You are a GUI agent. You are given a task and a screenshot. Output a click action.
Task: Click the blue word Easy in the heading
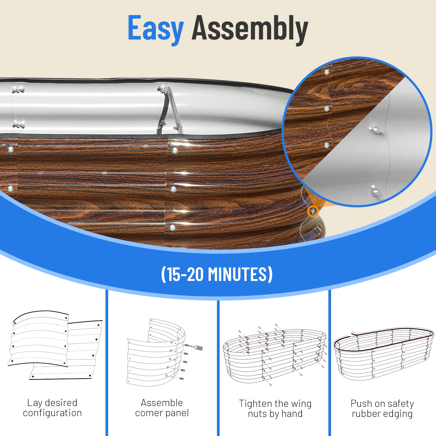coord(156,29)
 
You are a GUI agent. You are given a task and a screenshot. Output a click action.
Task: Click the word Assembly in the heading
coord(250,29)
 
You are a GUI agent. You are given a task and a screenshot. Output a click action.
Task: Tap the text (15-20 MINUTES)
coord(217,274)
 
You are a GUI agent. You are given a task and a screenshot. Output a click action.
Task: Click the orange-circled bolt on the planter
coord(313,211)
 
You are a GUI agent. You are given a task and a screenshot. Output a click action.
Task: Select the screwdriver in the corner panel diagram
coord(194,347)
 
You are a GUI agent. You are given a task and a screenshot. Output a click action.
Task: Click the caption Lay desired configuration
coord(52,408)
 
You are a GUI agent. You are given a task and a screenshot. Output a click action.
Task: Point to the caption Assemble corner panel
coord(162,408)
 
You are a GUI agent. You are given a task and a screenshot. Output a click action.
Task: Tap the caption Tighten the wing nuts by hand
coord(275,408)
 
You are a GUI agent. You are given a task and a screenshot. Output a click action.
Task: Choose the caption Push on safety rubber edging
coord(382,408)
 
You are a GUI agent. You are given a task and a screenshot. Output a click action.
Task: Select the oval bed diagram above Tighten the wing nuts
coord(275,354)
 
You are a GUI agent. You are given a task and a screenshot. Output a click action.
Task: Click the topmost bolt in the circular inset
coord(327,72)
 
